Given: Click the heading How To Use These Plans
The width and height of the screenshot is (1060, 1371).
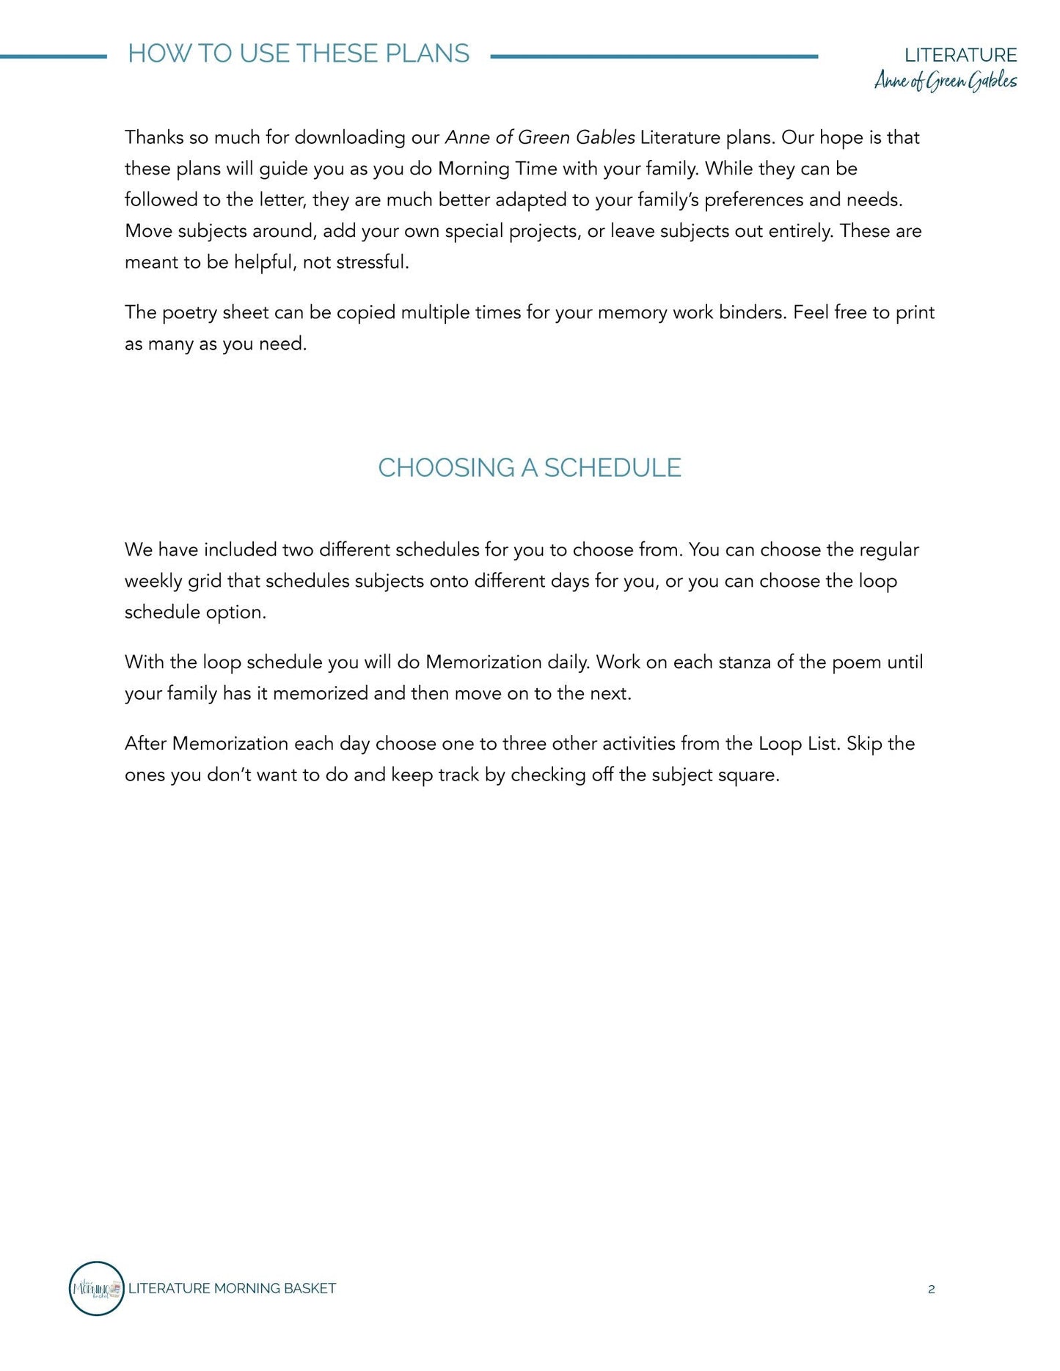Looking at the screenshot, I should pyautogui.click(x=299, y=54).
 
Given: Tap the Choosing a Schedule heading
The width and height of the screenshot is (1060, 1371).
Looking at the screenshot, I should pyautogui.click(x=530, y=468).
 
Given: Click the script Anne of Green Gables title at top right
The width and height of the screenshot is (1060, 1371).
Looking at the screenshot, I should pyautogui.click(x=946, y=81).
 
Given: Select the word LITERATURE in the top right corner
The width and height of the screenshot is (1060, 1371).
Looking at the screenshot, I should pyautogui.click(x=960, y=55).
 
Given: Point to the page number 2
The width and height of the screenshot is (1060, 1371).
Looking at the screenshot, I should pyautogui.click(x=932, y=1289).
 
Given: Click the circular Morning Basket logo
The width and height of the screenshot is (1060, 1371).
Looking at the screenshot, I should pyautogui.click(x=96, y=1288).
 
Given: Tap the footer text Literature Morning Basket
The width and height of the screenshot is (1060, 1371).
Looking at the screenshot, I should pyautogui.click(x=232, y=1288).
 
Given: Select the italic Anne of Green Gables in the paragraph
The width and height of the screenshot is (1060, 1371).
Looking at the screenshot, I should pyautogui.click(x=540, y=138).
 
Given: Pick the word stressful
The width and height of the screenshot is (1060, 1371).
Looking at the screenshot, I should pyautogui.click(x=372, y=263).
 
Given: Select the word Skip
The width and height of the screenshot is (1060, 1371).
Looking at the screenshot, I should pyautogui.click(x=863, y=744).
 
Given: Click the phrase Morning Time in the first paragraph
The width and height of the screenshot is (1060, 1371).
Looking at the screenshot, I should pyautogui.click(x=497, y=169).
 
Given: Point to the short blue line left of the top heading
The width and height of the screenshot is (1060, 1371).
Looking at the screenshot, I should pyautogui.click(x=53, y=56).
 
